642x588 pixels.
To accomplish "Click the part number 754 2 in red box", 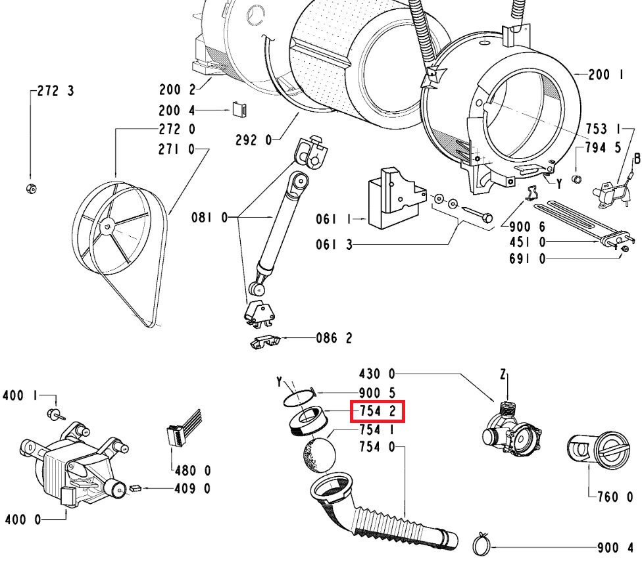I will pos(376,412).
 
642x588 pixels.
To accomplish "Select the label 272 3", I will pos(55,91).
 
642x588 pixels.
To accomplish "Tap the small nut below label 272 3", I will pos(30,189).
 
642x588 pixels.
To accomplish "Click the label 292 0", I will pos(253,139).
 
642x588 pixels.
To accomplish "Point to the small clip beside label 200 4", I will pos(239,110).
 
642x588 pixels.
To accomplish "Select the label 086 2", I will pos(334,339).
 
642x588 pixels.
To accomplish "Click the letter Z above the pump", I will pos(504,375).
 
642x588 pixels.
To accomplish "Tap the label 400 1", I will pos(18,396).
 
